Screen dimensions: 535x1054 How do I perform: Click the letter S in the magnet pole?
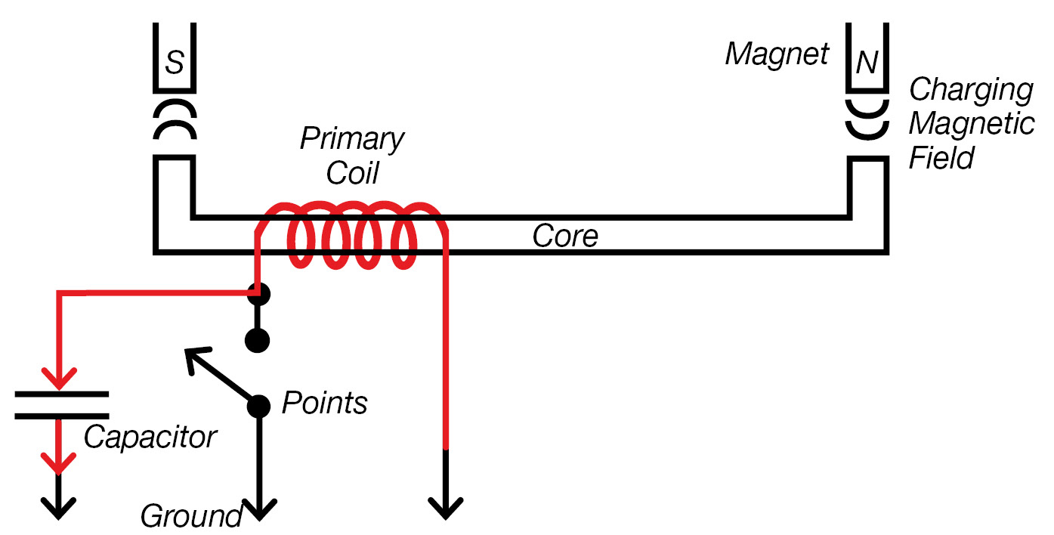[x=175, y=63]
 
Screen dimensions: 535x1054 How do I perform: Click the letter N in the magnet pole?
[x=867, y=63]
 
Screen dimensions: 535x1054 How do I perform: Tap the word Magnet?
[x=777, y=54]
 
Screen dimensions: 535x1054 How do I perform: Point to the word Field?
[x=941, y=158]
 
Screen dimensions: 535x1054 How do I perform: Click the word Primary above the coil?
[x=352, y=140]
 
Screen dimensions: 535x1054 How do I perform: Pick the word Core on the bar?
[x=565, y=236]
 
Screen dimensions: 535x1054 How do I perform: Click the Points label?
[x=324, y=404]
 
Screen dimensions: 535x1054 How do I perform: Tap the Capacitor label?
[x=150, y=437]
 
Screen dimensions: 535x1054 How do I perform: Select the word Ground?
[x=190, y=517]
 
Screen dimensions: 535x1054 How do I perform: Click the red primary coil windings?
[x=352, y=234]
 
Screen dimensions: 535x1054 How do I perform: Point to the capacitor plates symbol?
[x=60, y=405]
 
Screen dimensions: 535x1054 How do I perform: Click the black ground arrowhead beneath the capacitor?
[x=59, y=508]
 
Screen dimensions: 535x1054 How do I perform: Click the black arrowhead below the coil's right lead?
[x=447, y=509]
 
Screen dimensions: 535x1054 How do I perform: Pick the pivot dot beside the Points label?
[x=258, y=406]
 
